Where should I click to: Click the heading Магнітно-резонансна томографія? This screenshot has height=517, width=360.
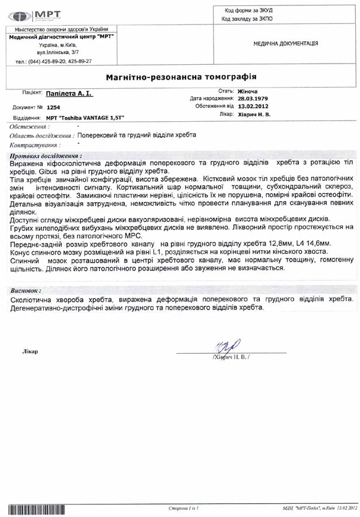coord(182,77)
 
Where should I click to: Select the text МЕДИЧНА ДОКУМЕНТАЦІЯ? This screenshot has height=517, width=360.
coord(286,44)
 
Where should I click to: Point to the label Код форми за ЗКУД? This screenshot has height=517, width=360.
coord(246,10)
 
